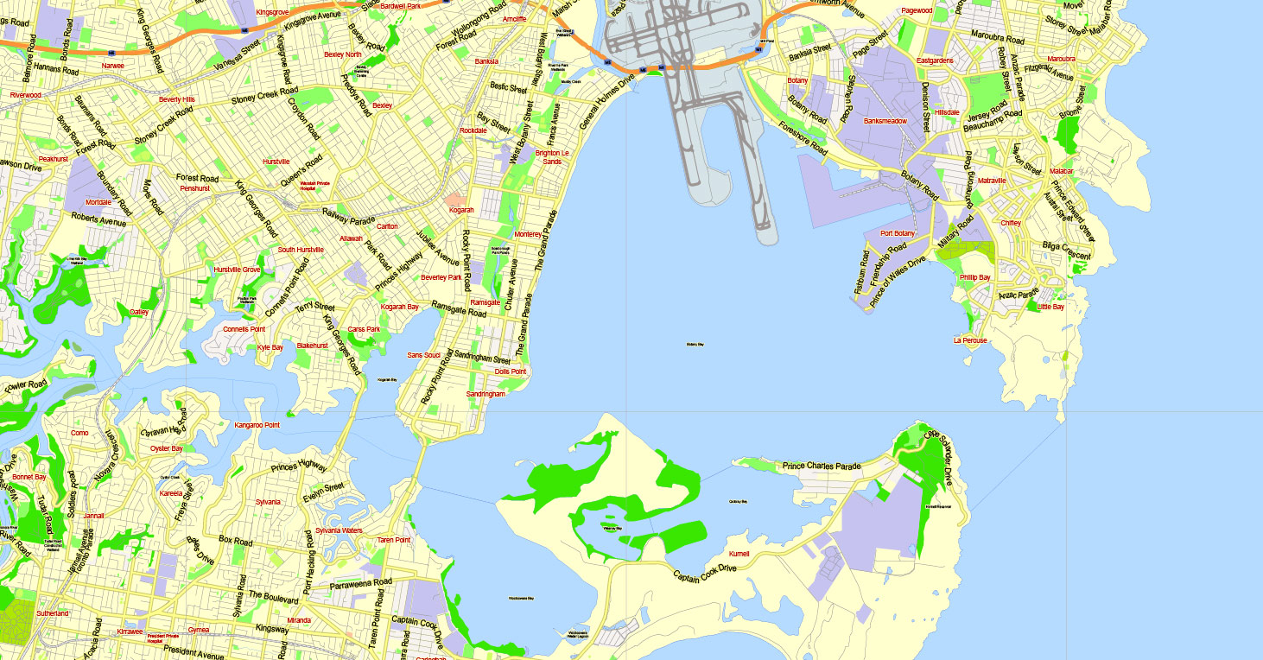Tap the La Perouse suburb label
pos(970,340)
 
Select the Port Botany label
pos(898,233)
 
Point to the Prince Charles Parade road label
pos(822,466)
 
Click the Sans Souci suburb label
pos(424,355)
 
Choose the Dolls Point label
pos(510,371)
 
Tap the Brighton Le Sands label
pos(549,157)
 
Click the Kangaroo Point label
pos(257,425)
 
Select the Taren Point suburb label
pos(394,540)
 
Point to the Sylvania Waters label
pos(339,530)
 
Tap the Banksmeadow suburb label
pos(885,121)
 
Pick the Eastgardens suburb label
pos(935,61)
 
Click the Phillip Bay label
pos(974,277)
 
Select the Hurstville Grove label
pos(237,270)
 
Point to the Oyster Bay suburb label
pos(167,448)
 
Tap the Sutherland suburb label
pos(52,613)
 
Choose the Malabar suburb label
pos(1061,172)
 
